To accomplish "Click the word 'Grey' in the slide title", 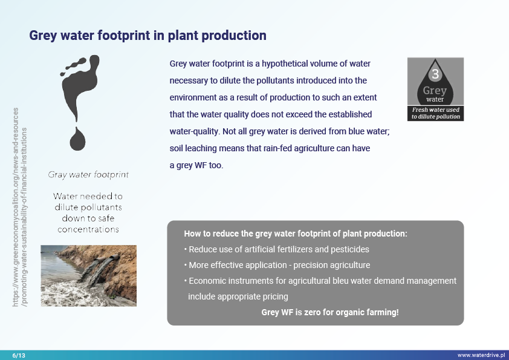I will click(x=45, y=36).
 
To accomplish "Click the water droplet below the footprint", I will click(x=77, y=139).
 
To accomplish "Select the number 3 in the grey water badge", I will click(x=435, y=75).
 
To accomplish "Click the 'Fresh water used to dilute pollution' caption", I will click(x=435, y=113).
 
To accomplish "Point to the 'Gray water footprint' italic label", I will click(x=88, y=175).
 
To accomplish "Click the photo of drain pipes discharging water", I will click(x=88, y=275).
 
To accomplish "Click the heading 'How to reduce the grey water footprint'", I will click(x=296, y=234).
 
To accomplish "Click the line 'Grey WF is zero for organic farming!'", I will click(x=329, y=313).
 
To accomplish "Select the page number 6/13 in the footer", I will click(x=19, y=355).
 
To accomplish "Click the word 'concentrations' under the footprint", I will click(x=88, y=229).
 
